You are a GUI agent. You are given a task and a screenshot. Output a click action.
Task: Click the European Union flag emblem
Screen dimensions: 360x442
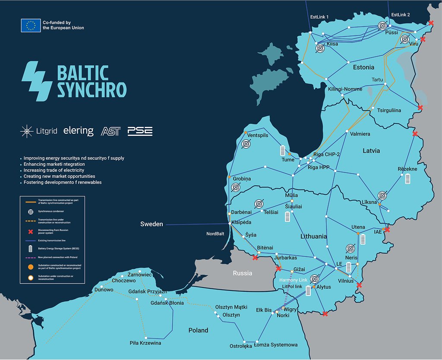(x=31, y=25)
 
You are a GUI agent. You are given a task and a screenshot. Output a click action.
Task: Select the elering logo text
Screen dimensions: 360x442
(x=78, y=131)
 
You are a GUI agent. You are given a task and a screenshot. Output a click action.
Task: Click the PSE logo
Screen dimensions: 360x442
(x=140, y=131)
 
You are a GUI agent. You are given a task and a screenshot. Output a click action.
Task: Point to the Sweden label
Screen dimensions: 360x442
(x=152, y=224)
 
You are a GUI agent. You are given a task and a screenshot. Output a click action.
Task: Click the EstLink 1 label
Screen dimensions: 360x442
(x=319, y=17)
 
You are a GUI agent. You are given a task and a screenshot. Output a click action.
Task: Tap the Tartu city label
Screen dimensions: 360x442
(x=377, y=80)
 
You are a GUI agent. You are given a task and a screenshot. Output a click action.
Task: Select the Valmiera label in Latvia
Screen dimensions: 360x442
(x=360, y=134)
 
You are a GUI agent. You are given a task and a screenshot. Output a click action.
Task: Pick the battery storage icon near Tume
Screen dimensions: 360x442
(x=283, y=150)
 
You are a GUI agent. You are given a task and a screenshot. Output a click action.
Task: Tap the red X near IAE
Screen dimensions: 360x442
(x=387, y=230)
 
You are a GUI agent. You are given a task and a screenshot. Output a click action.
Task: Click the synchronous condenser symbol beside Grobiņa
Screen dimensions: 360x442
(x=236, y=187)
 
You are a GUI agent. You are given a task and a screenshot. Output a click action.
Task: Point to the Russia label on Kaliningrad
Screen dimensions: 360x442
(x=242, y=273)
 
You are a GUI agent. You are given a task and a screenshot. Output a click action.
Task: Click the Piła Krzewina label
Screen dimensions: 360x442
(x=145, y=343)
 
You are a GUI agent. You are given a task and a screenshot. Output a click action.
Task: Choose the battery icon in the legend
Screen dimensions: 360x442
(x=30, y=249)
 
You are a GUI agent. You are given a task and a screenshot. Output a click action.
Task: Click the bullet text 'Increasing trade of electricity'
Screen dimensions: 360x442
(x=54, y=171)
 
